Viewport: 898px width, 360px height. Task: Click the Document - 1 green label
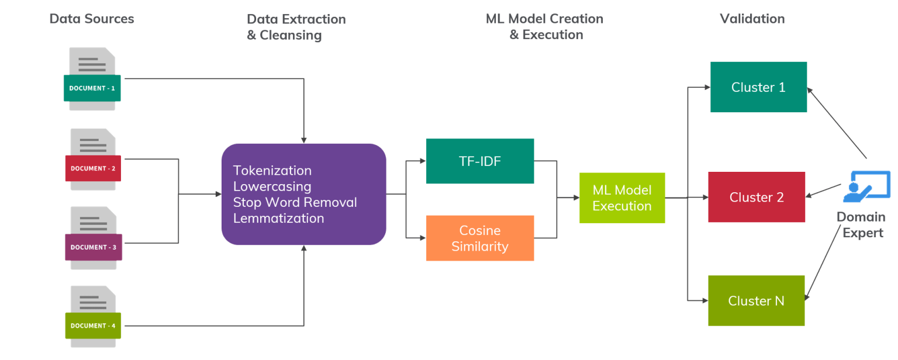coord(92,88)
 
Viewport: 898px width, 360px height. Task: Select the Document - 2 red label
coord(93,168)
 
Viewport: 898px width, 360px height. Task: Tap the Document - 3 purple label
coord(93,247)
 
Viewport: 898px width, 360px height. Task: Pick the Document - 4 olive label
coord(93,326)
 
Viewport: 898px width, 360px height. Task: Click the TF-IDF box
coord(480,161)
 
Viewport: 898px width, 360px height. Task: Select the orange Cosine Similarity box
coord(480,238)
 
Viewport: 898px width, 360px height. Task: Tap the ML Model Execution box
coord(622,198)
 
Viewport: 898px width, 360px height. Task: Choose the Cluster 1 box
coord(758,87)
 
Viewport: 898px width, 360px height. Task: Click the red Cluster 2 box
coord(757,198)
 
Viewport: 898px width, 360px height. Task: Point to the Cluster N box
coord(756,301)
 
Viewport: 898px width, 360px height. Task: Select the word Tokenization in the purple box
coord(272,171)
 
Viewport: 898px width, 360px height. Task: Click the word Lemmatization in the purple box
coord(278,219)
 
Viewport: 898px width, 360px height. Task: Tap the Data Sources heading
coord(92,19)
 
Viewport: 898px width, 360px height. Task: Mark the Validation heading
coord(752,19)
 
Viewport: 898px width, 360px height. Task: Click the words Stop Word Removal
coord(295,203)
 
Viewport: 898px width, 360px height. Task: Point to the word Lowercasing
coord(272,186)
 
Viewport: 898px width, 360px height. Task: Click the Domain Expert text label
coord(861,225)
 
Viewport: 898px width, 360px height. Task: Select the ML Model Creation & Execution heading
coord(545,27)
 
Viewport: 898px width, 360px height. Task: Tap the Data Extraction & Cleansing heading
coord(296,27)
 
